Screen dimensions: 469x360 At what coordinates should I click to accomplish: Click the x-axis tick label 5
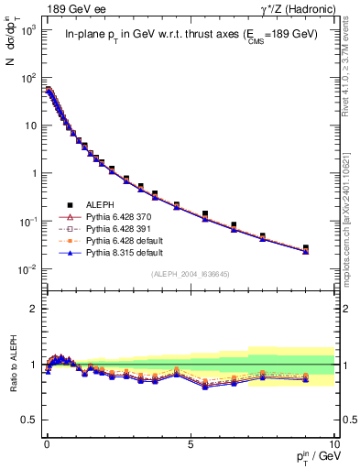(x=190, y=442)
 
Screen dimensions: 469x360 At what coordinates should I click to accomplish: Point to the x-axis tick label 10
(x=333, y=442)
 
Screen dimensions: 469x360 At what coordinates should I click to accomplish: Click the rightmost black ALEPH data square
(x=306, y=248)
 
